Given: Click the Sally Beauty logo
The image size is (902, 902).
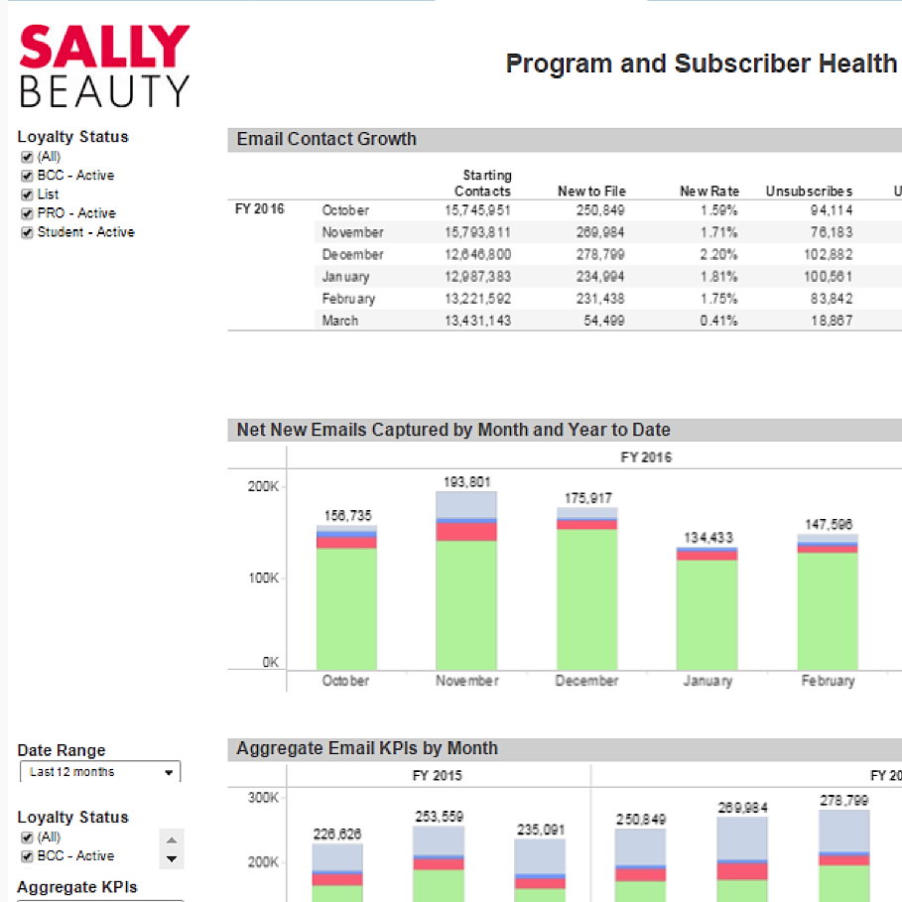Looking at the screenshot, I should pos(104,65).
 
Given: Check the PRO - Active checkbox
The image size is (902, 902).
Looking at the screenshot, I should pos(28,213).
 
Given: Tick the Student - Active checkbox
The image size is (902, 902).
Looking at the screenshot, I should pos(28,232).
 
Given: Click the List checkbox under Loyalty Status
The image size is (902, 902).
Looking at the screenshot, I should pos(28,194).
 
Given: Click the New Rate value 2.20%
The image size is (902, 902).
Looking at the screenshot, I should pos(716,255).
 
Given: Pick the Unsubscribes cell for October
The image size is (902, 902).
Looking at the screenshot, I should pos(830,210).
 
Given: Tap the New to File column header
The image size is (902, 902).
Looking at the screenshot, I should pos(591,191).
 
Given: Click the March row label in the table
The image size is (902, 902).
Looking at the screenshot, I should pos(339,322).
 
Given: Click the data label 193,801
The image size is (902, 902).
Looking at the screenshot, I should pos(466,482).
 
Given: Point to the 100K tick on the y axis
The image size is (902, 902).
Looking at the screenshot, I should pos(263,579).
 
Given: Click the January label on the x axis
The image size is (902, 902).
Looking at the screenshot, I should pos(708,682).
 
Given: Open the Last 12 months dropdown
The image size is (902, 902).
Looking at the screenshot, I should pos(100,772).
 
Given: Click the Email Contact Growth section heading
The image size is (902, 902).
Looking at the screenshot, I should pos(326,139).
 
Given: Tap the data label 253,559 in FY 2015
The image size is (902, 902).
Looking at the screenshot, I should pos(439,817).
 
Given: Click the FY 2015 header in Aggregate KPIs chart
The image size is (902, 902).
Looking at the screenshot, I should pos(437,776).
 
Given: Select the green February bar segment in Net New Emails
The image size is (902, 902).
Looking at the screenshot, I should pos(828,609).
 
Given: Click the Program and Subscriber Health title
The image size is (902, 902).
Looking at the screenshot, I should pos(701,64).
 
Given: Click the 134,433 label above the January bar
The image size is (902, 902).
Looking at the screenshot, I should pos(708,538).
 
